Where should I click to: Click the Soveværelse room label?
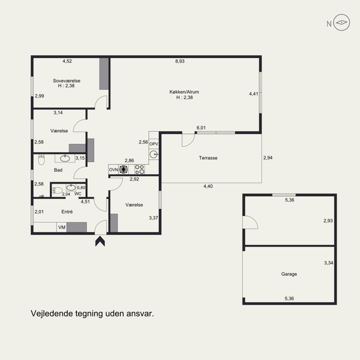point(67,81)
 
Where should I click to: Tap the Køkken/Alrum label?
point(184,92)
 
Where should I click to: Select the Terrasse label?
point(208,158)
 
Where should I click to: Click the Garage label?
point(289,274)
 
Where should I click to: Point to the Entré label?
point(67,211)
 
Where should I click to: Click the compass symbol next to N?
point(342,22)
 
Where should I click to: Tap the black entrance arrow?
point(100,242)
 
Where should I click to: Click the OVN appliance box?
point(114,170)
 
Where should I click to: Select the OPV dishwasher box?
point(153,144)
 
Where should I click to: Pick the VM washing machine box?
point(62,227)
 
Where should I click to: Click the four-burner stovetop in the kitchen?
point(139,170)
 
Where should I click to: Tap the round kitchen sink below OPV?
point(153,154)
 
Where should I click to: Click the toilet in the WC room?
point(57,190)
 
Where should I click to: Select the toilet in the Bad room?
point(41,159)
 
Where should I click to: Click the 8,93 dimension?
point(180,61)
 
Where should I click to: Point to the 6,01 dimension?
point(201,128)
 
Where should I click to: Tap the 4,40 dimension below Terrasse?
point(208,186)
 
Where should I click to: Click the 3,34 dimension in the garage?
point(328,263)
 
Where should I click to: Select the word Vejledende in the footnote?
point(52,313)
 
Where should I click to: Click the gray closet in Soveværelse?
point(104,74)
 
